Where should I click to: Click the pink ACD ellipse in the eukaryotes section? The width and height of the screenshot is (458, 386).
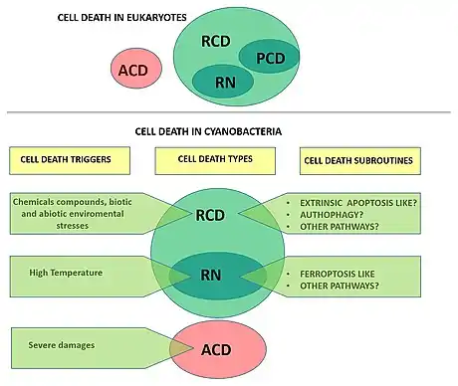tap(136, 69)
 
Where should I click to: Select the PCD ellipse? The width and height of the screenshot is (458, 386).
tap(269, 57)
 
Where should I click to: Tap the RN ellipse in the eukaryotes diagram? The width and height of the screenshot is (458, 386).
tap(223, 82)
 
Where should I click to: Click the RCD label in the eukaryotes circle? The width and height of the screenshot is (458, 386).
tap(216, 41)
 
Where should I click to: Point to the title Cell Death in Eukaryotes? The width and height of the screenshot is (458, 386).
tap(121, 17)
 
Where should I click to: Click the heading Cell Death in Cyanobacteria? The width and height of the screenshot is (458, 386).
tap(208, 131)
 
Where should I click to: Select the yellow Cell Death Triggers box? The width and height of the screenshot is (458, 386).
tap(70, 160)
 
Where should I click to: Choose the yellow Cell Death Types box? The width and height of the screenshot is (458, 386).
tap(215, 160)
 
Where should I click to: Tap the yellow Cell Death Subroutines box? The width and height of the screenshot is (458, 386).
tap(360, 161)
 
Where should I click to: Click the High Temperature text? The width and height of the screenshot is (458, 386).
tap(66, 273)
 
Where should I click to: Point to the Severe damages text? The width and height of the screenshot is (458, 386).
tap(62, 345)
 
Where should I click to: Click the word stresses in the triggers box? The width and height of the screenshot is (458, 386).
tap(73, 226)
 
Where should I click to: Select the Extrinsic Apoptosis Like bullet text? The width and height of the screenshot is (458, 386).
tap(358, 203)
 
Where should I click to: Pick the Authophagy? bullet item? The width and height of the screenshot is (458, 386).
tap(332, 215)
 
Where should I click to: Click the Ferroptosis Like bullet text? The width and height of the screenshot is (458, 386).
tap(338, 274)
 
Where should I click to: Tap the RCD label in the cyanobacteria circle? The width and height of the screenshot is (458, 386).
tap(210, 215)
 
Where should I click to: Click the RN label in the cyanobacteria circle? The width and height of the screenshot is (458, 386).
tap(211, 275)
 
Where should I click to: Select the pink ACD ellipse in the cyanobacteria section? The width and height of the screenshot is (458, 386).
tap(218, 349)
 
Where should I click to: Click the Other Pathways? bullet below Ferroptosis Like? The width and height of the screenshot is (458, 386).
tap(340, 286)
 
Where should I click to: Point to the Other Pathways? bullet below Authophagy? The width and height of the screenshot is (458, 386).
tap(340, 227)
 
